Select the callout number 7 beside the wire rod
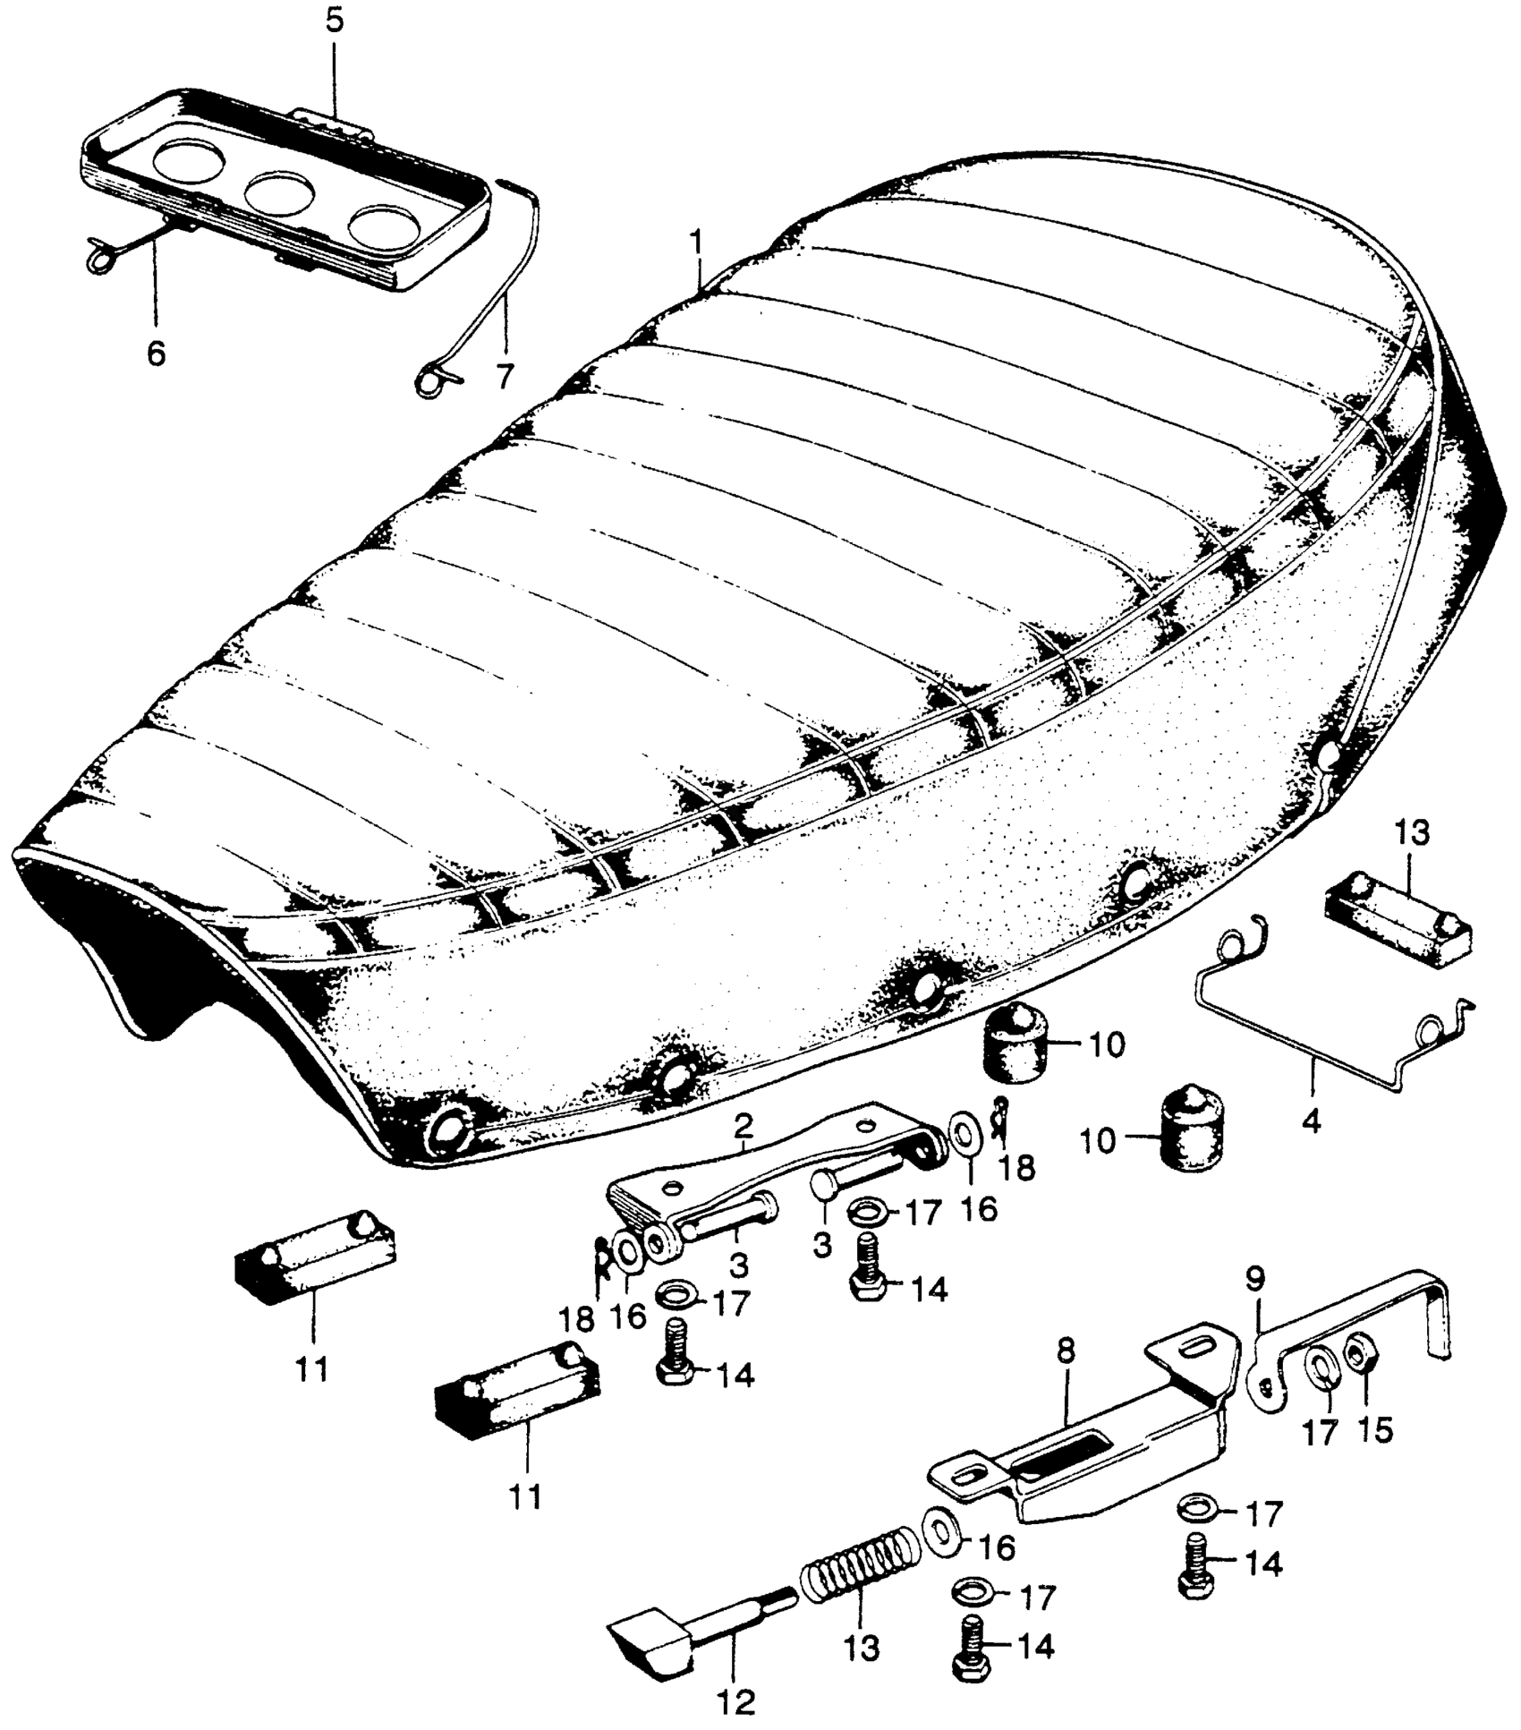pos(506,377)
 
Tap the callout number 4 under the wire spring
pos(1312,1121)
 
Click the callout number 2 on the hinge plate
pos(743,1129)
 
